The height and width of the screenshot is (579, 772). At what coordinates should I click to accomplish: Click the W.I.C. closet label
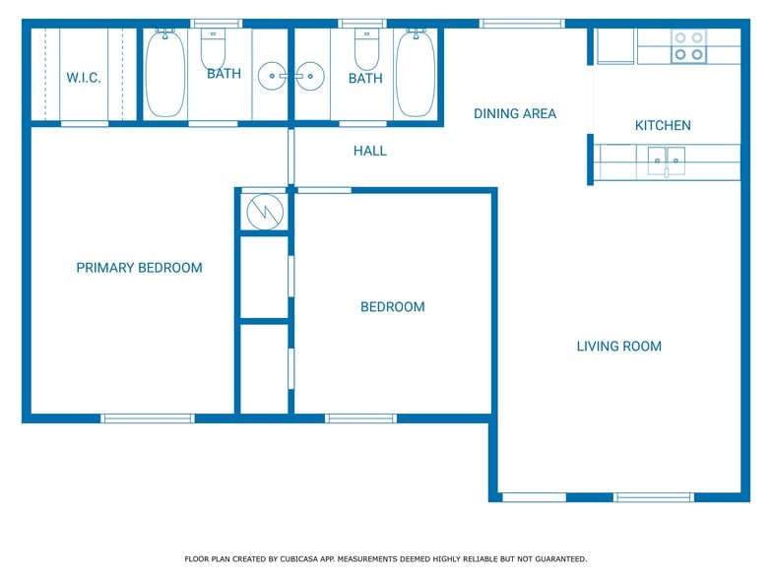click(x=84, y=78)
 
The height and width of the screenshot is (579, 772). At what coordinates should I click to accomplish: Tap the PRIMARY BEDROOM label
click(x=139, y=268)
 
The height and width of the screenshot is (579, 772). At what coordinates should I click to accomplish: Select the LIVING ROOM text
click(x=618, y=346)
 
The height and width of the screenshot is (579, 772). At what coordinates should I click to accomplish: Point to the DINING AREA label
click(x=514, y=113)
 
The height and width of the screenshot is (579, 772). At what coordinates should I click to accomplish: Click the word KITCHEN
click(x=662, y=125)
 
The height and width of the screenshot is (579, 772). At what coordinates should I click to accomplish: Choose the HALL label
click(x=370, y=151)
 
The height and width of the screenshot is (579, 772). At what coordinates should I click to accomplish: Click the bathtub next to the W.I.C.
click(x=165, y=74)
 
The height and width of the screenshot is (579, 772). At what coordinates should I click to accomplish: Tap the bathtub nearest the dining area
click(x=416, y=74)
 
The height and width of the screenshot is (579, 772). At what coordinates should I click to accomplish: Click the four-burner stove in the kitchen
click(x=688, y=45)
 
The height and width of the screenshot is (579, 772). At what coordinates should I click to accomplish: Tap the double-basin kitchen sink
click(x=667, y=159)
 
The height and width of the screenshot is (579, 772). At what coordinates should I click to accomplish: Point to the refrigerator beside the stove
click(x=615, y=45)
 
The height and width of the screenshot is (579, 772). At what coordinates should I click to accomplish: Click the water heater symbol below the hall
click(x=264, y=211)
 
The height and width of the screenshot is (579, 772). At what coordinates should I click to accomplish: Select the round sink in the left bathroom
click(x=271, y=75)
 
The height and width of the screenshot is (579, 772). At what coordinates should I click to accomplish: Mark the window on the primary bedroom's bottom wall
click(x=148, y=418)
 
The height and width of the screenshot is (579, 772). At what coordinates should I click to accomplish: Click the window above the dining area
click(x=522, y=23)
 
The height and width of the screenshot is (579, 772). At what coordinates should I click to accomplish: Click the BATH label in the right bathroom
click(x=365, y=79)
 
